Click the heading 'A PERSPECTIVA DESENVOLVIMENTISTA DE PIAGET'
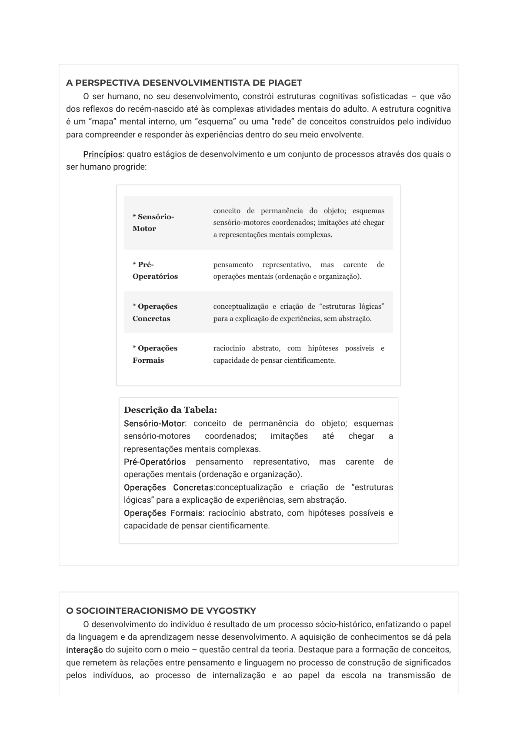[184, 83]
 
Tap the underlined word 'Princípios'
[103, 154]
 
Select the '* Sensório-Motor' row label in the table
[153, 223]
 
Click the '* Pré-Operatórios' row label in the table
[155, 271]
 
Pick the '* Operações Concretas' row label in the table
[155, 312]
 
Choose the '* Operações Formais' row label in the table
[155, 354]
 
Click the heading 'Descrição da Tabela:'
[170, 410]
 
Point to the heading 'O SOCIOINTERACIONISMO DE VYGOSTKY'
[161, 611]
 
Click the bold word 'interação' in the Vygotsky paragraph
[84, 650]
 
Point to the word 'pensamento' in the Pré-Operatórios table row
[233, 265]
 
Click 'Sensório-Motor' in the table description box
[154, 424]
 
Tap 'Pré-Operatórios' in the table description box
[154, 462]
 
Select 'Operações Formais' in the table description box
[163, 513]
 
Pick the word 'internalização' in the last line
[239, 675]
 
